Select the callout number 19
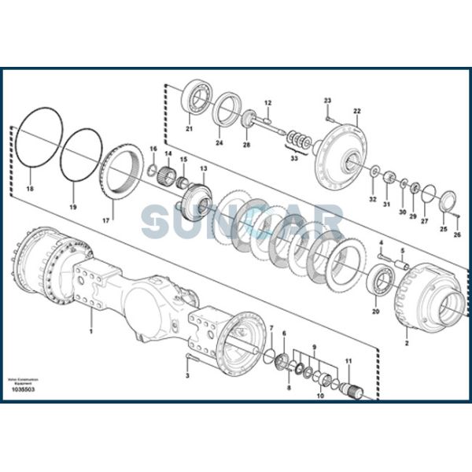click(72, 207)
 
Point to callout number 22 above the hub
click(356, 111)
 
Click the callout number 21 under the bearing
click(189, 129)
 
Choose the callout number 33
click(293, 159)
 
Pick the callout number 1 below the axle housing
click(90, 331)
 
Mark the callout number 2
click(407, 344)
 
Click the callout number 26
click(458, 234)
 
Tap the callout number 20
click(375, 312)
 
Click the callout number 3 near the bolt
click(187, 376)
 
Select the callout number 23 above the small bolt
click(328, 99)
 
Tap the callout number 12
click(267, 103)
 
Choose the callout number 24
click(219, 143)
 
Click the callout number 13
click(203, 168)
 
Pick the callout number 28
click(246, 145)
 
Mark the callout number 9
click(313, 346)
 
